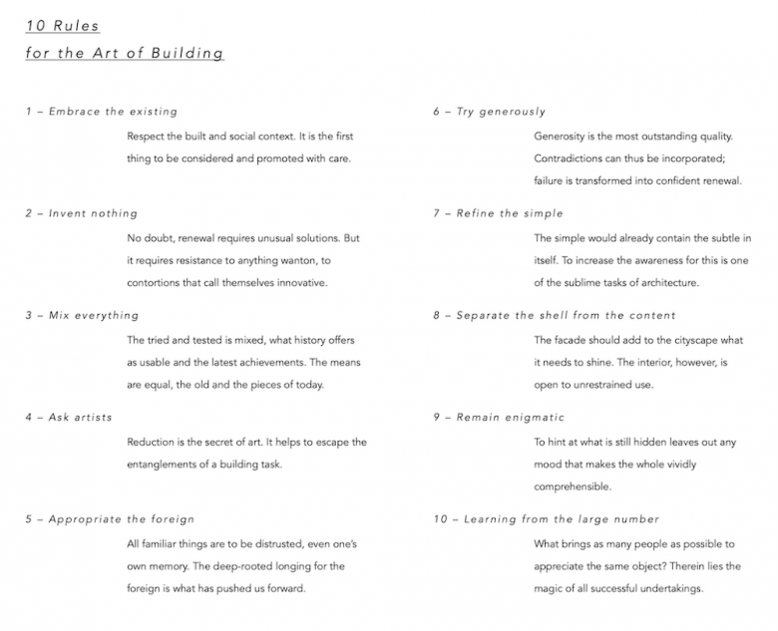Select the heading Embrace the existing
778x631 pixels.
pyautogui.click(x=113, y=112)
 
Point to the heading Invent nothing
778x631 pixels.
pyautogui.click(x=93, y=213)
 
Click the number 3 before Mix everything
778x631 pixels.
pyautogui.click(x=29, y=316)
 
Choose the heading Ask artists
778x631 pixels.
pyautogui.click(x=80, y=417)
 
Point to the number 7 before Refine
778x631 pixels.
pyautogui.click(x=436, y=213)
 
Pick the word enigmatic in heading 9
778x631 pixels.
pyautogui.click(x=528, y=417)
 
